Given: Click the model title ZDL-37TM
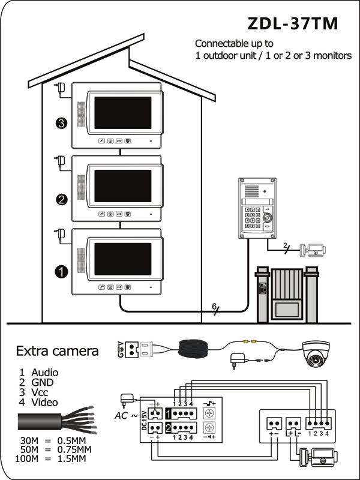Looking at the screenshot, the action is (293, 23).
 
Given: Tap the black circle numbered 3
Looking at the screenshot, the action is (62, 123).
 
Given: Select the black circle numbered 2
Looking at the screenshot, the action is (62, 200).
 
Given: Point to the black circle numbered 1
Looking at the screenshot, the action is (61, 272).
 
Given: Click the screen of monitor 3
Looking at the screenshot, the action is (123, 113).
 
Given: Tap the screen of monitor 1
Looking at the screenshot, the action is (123, 259).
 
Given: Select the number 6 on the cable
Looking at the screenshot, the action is (214, 307).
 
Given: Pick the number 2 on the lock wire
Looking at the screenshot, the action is (285, 245).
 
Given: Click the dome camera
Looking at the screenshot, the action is (316, 353).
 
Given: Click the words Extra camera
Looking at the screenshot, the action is (57, 351).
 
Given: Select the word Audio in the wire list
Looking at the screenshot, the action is (44, 372).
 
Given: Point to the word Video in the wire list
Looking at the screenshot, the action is (44, 402).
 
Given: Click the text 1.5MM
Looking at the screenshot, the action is (71, 458).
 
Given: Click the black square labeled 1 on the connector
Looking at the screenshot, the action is (169, 413).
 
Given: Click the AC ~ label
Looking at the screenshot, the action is (126, 416).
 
